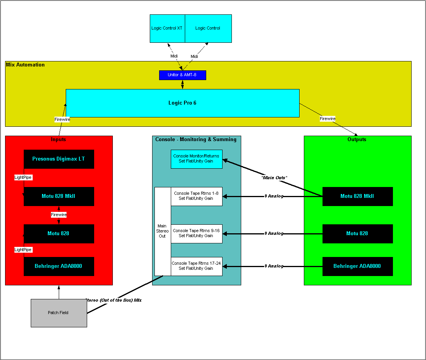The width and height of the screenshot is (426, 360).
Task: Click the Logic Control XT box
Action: [167, 28]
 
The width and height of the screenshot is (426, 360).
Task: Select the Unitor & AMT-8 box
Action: [182, 75]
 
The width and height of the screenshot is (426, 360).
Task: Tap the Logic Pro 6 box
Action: [182, 103]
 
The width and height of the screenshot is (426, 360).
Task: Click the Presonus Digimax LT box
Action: [59, 159]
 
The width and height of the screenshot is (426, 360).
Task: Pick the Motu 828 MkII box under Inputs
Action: [59, 196]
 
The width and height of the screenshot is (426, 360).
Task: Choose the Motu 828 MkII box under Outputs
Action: [358, 196]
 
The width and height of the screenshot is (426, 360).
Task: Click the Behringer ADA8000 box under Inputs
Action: [59, 266]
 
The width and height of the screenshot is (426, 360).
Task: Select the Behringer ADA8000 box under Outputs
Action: [358, 266]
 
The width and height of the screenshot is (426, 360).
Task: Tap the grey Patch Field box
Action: [59, 313]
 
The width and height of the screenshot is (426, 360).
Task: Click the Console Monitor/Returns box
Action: [196, 159]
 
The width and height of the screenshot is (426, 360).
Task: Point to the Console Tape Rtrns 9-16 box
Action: [196, 234]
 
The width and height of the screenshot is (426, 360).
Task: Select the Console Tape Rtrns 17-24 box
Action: [196, 266]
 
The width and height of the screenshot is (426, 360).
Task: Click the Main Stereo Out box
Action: [162, 231]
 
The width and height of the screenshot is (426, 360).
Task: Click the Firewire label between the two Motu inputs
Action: [59, 215]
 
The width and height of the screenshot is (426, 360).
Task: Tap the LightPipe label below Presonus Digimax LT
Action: [23, 177]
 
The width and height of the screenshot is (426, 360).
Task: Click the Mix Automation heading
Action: [25, 65]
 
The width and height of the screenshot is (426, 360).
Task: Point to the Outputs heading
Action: [357, 140]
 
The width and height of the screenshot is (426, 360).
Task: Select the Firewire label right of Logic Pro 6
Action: [328, 119]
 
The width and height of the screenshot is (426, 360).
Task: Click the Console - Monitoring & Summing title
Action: [196, 140]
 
